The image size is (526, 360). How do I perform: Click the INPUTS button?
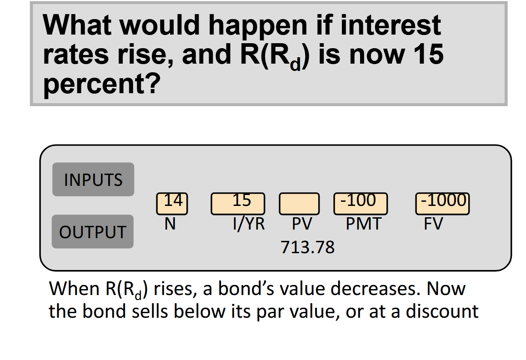(93, 180)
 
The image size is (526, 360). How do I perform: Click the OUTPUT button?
(93, 231)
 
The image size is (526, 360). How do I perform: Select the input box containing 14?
(172, 204)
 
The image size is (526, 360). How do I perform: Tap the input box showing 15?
(238, 204)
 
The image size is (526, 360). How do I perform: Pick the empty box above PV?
(299, 204)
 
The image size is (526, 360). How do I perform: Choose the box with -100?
(361, 204)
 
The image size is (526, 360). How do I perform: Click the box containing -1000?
(442, 204)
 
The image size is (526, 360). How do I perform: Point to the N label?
(170, 224)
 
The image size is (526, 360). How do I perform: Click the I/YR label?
(249, 224)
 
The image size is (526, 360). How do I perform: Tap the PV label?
(302, 224)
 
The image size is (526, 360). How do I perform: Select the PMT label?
(364, 224)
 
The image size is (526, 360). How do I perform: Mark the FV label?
(433, 224)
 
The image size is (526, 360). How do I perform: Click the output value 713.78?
(308, 247)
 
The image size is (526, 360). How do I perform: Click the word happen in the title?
(258, 26)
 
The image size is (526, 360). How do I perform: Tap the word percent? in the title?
(102, 84)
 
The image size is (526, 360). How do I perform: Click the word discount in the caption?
(442, 311)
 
